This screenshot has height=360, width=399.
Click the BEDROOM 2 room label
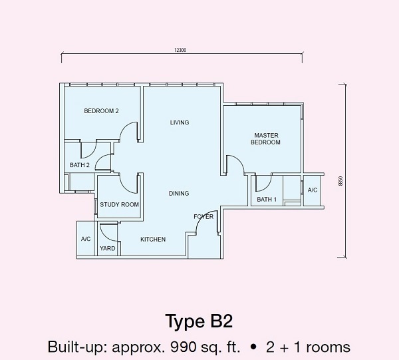(x=101, y=111)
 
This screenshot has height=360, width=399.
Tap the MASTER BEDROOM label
(x=265, y=139)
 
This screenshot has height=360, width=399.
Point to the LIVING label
(x=180, y=122)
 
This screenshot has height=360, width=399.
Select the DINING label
(x=179, y=194)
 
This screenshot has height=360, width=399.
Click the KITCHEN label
(x=153, y=240)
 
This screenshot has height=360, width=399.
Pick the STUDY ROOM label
(x=119, y=205)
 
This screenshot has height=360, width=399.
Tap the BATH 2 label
(x=80, y=165)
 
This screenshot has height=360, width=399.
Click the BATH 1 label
(x=267, y=200)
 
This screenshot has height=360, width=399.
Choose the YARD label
(x=107, y=248)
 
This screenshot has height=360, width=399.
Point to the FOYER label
(x=203, y=217)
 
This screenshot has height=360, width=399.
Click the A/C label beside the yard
(x=86, y=239)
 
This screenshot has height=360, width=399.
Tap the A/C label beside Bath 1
(x=313, y=190)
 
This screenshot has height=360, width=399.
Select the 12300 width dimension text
(x=180, y=50)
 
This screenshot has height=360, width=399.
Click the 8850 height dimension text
(x=341, y=181)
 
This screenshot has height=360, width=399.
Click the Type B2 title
(x=199, y=321)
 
